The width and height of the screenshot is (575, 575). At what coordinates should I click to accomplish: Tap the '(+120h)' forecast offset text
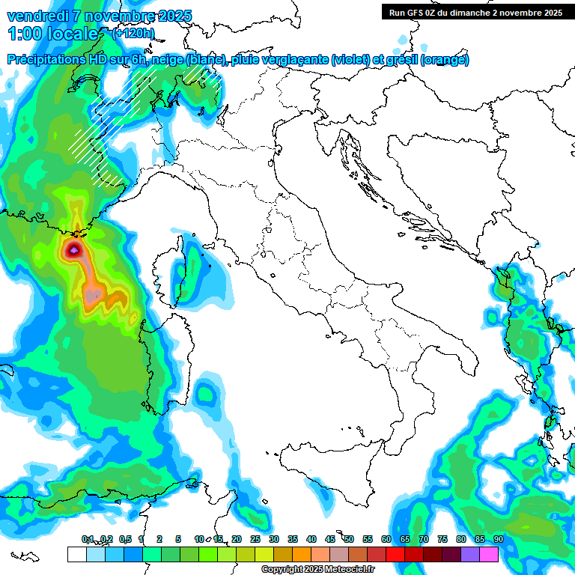pos(133,33)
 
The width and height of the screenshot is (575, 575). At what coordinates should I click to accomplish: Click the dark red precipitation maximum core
pos(74,250)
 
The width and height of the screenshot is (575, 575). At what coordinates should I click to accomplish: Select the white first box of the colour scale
pos(76,554)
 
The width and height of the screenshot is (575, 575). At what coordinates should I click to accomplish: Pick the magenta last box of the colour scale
pos(489,554)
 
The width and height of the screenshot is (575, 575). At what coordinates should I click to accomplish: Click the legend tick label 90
pos(498,539)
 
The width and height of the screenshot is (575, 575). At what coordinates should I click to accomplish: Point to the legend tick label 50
pos(348,539)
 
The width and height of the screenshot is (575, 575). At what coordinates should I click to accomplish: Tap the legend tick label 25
pos(255,539)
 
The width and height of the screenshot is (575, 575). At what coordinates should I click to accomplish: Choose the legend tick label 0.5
pos(124,539)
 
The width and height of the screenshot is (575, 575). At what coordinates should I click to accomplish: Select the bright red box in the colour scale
pos(395,554)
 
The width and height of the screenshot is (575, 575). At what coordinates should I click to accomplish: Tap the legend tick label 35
pos(292,539)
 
